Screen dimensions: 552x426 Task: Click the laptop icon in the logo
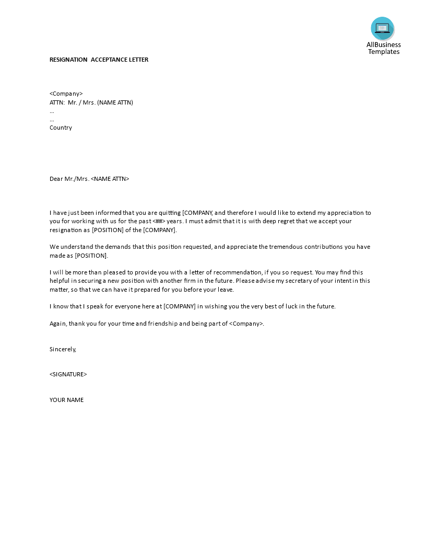[382, 28]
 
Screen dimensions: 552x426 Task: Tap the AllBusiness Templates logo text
[384, 48]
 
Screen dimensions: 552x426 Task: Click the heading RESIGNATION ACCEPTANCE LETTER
[99, 60]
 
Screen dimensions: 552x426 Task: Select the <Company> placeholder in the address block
[66, 94]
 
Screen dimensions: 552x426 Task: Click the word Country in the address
[61, 128]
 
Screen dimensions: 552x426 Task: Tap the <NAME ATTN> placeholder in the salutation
[110, 179]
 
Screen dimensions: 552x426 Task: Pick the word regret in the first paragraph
[282, 221]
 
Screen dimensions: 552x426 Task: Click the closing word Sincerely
[63, 349]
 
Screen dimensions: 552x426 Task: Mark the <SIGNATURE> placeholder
[68, 374]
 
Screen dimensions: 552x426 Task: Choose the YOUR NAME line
[66, 400]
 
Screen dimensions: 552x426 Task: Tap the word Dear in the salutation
[56, 179]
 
